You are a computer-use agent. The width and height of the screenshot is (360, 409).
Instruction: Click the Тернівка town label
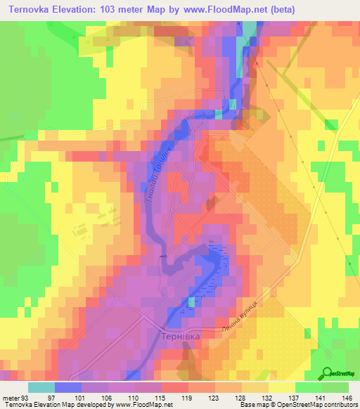(182, 337)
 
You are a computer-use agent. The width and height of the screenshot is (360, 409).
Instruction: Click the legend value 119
(188, 397)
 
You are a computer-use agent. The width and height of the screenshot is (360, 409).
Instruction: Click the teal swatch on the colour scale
(41, 387)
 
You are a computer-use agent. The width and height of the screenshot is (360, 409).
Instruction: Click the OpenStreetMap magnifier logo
(327, 372)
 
